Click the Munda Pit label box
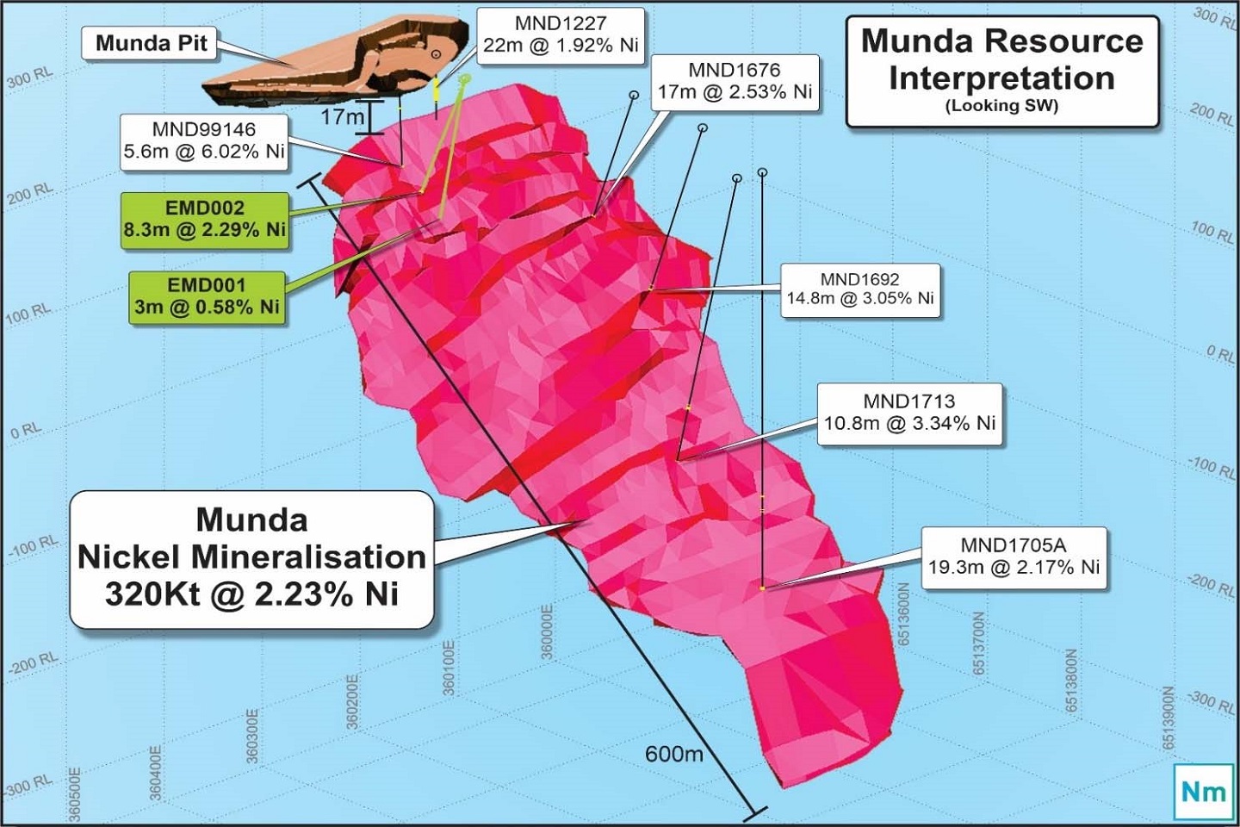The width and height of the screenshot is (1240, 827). pyautogui.click(x=151, y=43)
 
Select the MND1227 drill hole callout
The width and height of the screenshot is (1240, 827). pyautogui.click(x=561, y=35)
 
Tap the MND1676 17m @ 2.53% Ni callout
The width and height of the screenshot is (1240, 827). pyautogui.click(x=735, y=81)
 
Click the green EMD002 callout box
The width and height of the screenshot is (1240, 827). pyautogui.click(x=204, y=220)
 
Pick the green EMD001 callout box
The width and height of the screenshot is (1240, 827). pyautogui.click(x=206, y=297)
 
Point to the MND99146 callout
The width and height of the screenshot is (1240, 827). pyautogui.click(x=204, y=140)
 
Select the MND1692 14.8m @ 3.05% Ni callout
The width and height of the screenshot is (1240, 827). pyautogui.click(x=859, y=289)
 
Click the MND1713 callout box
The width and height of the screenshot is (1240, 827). pyautogui.click(x=909, y=413)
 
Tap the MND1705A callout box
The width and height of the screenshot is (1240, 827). pyautogui.click(x=1014, y=557)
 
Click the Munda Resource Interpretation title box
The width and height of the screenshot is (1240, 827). pyautogui.click(x=1002, y=71)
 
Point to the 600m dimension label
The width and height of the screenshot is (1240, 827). pyautogui.click(x=674, y=755)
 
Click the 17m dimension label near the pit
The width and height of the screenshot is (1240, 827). pyautogui.click(x=343, y=117)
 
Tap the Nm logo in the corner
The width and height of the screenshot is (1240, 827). pyautogui.click(x=1203, y=791)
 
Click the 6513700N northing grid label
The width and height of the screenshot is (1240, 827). pyautogui.click(x=979, y=644)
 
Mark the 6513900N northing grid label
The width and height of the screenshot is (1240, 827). pyautogui.click(x=1169, y=718)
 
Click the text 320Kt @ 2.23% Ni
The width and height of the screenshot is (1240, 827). pyautogui.click(x=251, y=594)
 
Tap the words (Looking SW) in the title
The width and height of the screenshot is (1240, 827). pyautogui.click(x=1001, y=106)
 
